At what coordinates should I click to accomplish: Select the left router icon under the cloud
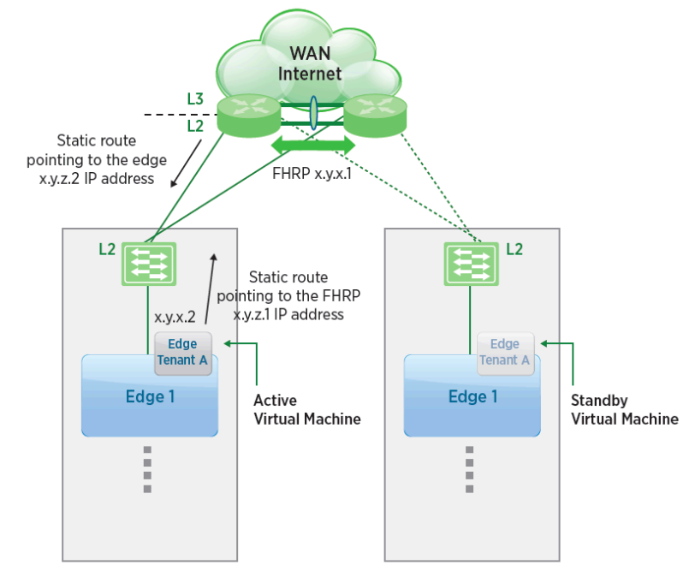coord(248,115)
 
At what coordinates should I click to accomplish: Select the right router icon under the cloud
coord(374,115)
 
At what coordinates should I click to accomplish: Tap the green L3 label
coord(195,99)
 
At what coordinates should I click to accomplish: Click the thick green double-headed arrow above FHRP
coord(312,145)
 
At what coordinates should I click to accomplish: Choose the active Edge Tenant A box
coord(181,352)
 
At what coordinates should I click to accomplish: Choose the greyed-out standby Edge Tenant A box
coord(505,352)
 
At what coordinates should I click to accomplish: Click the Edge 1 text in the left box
coord(144,396)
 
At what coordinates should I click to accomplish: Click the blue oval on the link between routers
coord(313,113)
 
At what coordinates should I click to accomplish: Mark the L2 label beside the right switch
coord(514,249)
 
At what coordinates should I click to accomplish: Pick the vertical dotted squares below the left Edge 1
coord(147,469)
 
